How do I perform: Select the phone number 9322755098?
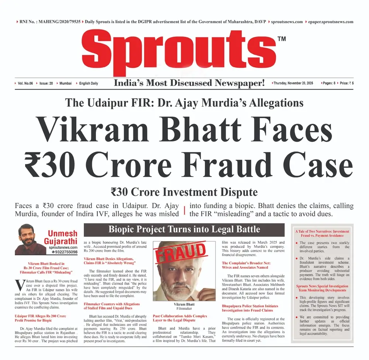pos(63,252)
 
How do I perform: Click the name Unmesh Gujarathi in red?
pos(63,237)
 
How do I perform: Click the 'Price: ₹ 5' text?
pos(347,83)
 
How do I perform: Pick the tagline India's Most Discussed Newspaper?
pos(189,83)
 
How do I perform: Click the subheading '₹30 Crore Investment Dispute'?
pos(184,192)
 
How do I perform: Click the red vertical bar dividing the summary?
pos(184,210)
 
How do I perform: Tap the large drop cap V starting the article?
pos(19,285)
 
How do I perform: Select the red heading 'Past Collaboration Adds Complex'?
pos(180,316)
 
